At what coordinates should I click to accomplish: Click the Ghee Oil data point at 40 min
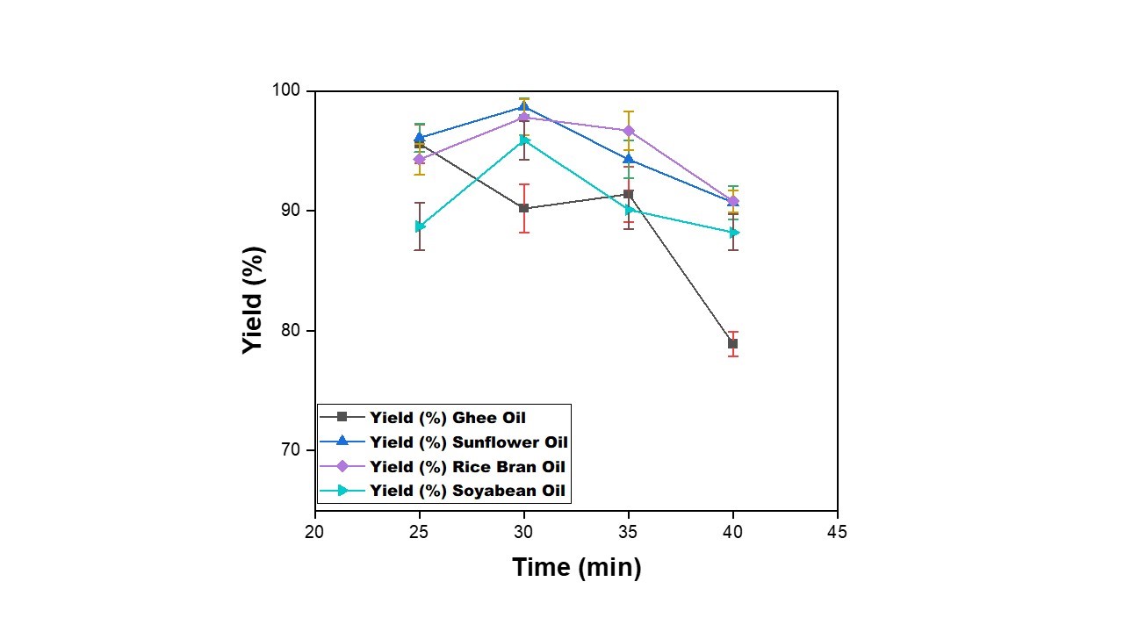coord(732,343)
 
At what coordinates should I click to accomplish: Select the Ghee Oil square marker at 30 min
coord(524,208)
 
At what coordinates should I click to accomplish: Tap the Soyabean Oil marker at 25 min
coord(420,226)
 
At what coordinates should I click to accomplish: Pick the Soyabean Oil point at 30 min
coord(524,140)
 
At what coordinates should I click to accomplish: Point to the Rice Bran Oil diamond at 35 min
coord(629,131)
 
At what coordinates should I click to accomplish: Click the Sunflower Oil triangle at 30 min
coord(524,107)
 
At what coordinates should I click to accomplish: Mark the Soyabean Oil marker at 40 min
coord(733,233)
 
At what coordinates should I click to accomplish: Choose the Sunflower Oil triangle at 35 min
coord(629,159)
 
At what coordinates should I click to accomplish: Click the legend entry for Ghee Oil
coord(447,417)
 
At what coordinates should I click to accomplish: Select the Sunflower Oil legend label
coord(468,442)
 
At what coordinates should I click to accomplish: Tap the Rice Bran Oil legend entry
coord(467,466)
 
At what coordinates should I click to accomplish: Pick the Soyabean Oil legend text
coord(466,491)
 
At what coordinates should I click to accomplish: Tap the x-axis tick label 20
coord(314,532)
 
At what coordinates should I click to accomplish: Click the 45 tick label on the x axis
coord(837,532)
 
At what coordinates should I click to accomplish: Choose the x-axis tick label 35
coord(628,532)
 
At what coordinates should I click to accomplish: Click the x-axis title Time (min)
coord(577,568)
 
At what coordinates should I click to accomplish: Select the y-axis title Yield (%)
coord(254,300)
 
